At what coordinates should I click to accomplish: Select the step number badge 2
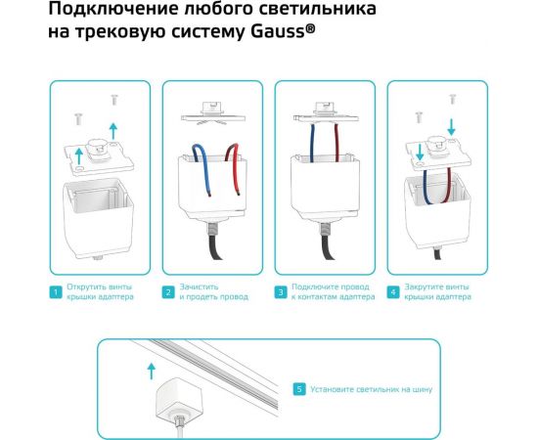(168, 291)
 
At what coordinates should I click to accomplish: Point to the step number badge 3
(281, 291)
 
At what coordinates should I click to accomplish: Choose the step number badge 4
(393, 291)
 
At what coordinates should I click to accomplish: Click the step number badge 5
(298, 389)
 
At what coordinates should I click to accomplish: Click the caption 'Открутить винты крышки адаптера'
(100, 291)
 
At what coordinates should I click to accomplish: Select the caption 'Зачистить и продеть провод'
(207, 291)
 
